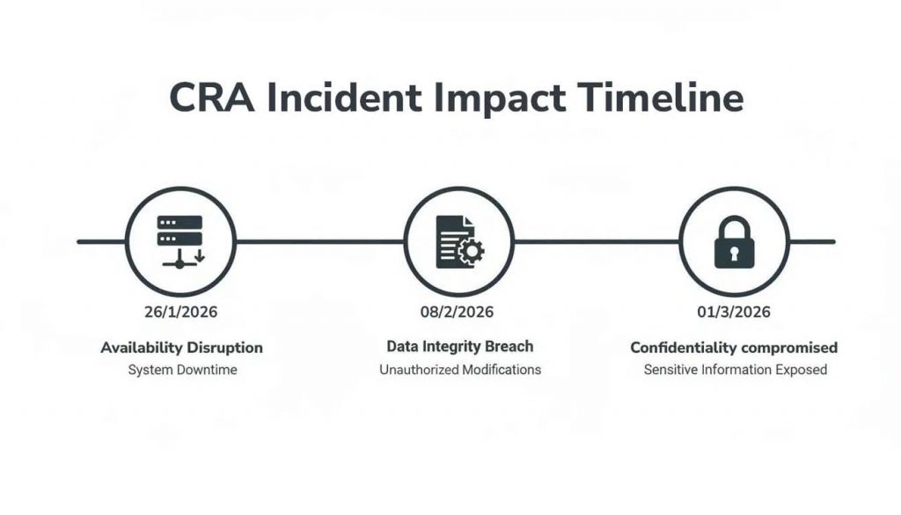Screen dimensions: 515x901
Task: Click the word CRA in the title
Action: [209, 99]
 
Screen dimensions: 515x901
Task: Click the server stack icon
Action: [179, 240]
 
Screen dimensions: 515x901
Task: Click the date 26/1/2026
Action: [180, 312]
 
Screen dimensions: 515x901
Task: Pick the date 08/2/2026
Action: [458, 312]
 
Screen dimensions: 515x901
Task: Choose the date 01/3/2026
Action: [734, 312]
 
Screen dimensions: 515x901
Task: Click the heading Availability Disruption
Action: [181, 348]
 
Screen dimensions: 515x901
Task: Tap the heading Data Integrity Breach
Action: [459, 347]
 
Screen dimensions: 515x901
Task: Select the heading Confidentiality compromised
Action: [734, 348]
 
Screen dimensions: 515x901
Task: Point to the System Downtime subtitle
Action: [182, 370]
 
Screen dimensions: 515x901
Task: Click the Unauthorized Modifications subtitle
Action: [460, 370]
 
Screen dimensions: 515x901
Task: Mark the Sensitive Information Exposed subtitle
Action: [735, 370]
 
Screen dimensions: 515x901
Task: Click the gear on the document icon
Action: [472, 252]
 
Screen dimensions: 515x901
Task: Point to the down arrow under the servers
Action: [199, 256]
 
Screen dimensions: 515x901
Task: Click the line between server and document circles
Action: [319, 241]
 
